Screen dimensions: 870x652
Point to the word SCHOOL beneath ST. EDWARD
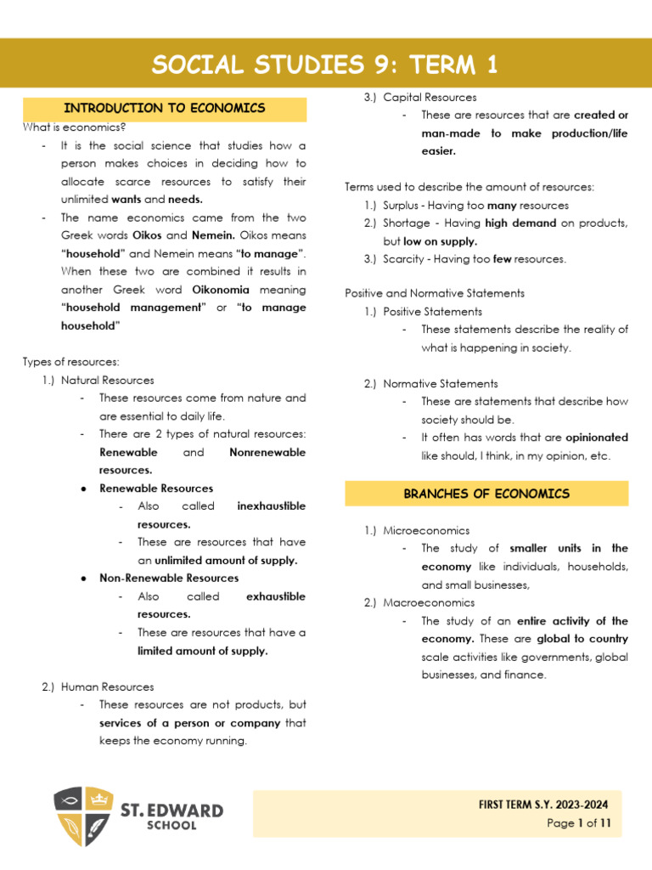click(171, 825)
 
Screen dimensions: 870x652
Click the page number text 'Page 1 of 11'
click(579, 823)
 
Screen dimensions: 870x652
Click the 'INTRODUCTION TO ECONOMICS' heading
click(165, 109)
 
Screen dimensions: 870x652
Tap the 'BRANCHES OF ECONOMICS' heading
click(486, 494)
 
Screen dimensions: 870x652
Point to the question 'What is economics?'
click(75, 127)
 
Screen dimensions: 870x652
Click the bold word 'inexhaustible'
click(272, 506)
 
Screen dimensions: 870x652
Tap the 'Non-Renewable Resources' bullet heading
click(169, 579)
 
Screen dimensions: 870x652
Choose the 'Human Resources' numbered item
click(107, 686)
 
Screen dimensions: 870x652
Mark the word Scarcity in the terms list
click(403, 259)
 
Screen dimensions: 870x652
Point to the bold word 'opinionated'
click(597, 438)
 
